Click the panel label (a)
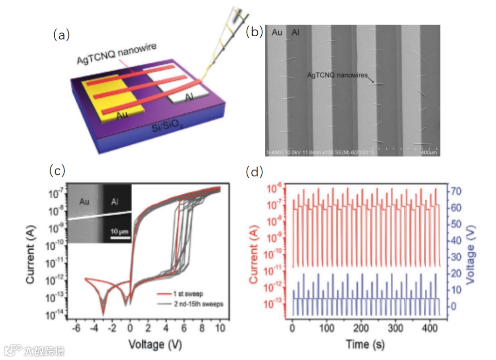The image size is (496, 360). (x=61, y=35)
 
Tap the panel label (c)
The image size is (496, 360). (x=58, y=171)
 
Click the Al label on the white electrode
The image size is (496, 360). (x=189, y=97)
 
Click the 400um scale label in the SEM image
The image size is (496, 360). (x=429, y=152)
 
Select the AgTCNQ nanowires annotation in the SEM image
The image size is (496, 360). (x=338, y=76)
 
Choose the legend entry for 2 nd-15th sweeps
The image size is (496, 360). (x=193, y=304)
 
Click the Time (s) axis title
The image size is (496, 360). (x=366, y=344)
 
